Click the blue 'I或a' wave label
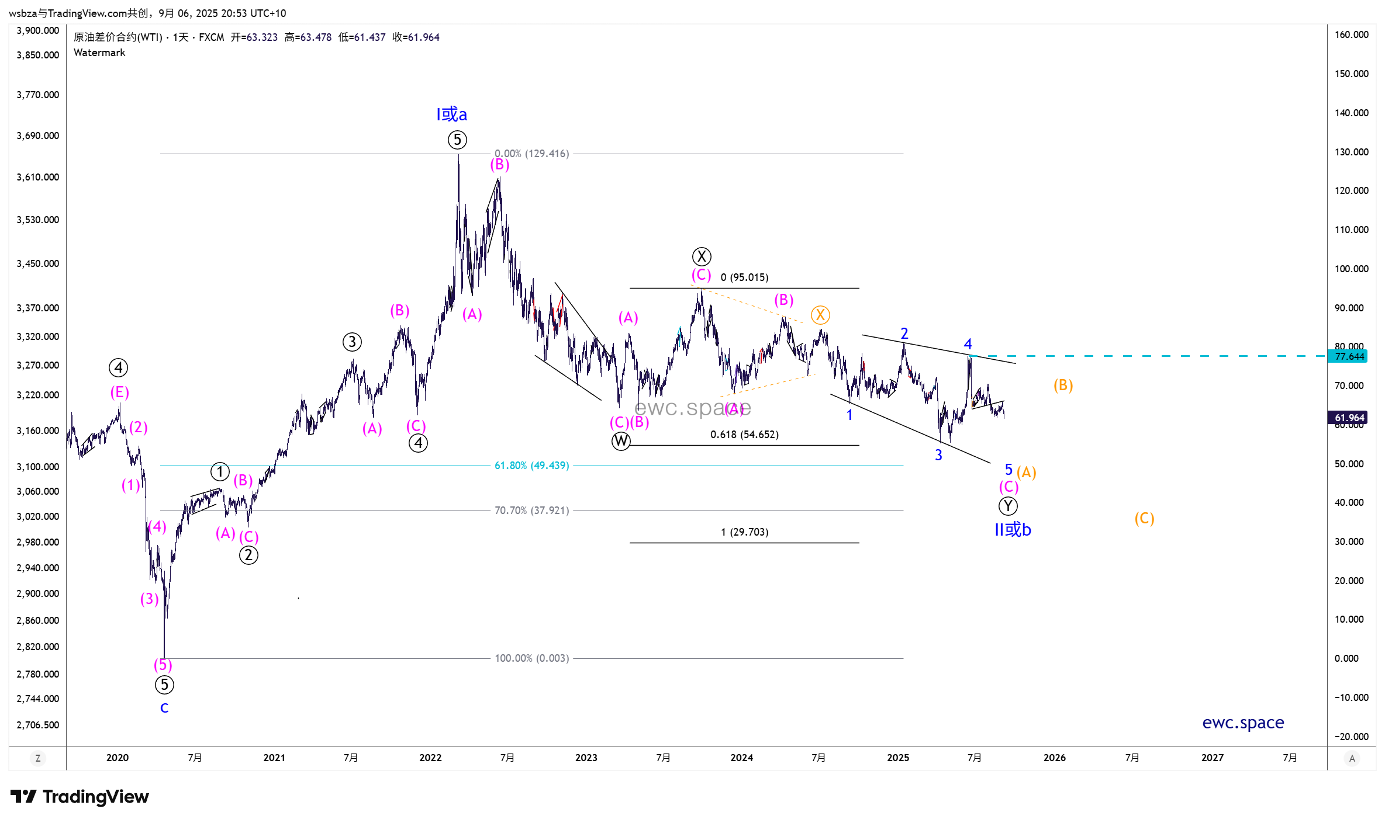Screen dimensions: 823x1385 click(451, 114)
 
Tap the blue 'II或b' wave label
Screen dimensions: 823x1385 click(1013, 530)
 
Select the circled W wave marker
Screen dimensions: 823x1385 click(621, 441)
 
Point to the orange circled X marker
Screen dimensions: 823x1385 click(820, 315)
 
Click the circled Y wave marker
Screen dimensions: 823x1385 click(1008, 506)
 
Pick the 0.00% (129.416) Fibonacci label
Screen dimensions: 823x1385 click(531, 154)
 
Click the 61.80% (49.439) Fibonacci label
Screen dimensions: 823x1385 click(531, 466)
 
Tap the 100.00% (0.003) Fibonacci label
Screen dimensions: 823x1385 click(531, 658)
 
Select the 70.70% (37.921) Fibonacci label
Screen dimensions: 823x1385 click(531, 511)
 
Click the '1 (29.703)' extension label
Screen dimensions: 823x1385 click(744, 532)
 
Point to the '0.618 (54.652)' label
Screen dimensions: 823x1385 click(744, 435)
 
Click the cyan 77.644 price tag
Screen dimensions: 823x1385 click(1349, 356)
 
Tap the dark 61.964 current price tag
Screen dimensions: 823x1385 click(1349, 418)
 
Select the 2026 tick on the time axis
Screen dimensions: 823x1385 click(1054, 758)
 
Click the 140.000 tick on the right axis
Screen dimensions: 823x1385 click(1351, 113)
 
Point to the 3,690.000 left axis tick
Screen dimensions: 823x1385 click(38, 136)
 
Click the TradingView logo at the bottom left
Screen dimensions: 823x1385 click(80, 797)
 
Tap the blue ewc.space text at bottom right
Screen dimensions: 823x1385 click(1243, 723)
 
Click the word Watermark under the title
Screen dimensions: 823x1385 click(99, 53)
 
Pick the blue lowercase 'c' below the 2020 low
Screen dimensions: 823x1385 click(164, 708)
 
